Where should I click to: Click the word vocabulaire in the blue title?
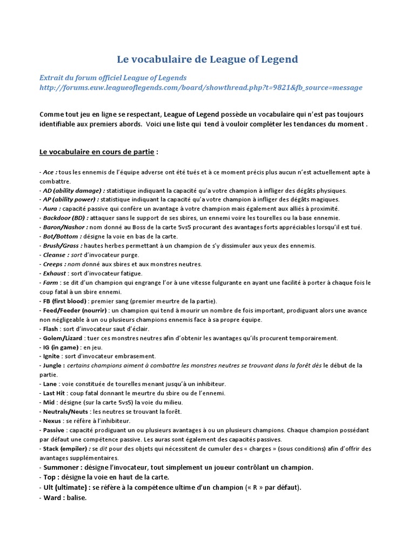point(163,59)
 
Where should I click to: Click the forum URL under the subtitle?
point(201,87)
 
